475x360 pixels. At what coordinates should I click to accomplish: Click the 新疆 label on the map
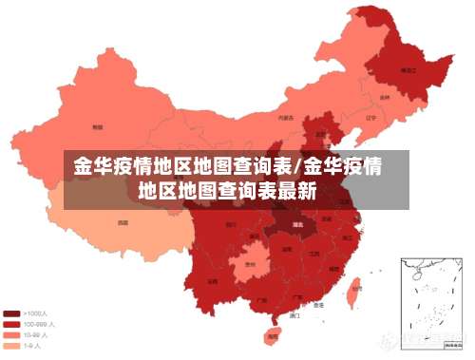pos(97,126)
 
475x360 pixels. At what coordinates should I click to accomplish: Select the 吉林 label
pos(385,97)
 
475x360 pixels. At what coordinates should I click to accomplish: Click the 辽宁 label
pos(370,119)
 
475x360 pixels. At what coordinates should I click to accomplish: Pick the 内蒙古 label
pos(285,119)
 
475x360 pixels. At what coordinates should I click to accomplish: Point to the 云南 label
pos(212,281)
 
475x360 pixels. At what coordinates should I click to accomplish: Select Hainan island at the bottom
pos(273,334)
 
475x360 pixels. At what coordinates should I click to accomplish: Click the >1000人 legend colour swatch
pos(12,313)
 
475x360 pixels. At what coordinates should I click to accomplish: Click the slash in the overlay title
pos(303,168)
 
